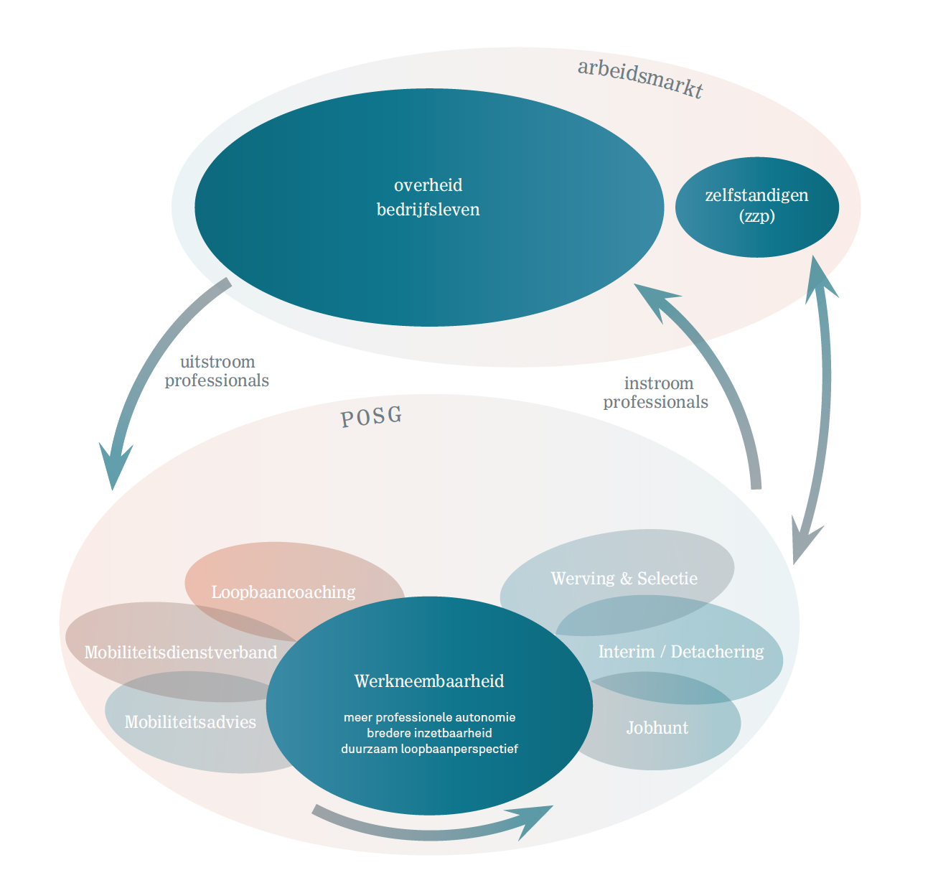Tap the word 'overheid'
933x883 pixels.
coord(428,185)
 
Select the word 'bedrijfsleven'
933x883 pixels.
coord(428,210)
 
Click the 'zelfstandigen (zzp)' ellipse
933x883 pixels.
coord(756,206)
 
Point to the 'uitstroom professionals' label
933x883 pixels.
coord(217,371)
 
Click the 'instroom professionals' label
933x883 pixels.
coord(656,393)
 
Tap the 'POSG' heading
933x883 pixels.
coord(371,417)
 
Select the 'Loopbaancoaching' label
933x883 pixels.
coord(283,592)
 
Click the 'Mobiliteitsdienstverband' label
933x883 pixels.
coord(181,653)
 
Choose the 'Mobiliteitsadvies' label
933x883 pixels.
coord(190,722)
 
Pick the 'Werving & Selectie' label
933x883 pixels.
coord(624,579)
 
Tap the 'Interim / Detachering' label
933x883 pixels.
coord(681,652)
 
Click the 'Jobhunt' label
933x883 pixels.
coord(657,728)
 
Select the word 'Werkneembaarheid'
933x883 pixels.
coord(429,681)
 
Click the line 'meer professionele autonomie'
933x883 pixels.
coord(429,717)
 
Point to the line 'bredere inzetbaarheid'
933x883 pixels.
coord(429,733)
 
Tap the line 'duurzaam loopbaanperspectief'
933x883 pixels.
coord(429,749)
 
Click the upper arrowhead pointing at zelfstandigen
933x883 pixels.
coord(820,276)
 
